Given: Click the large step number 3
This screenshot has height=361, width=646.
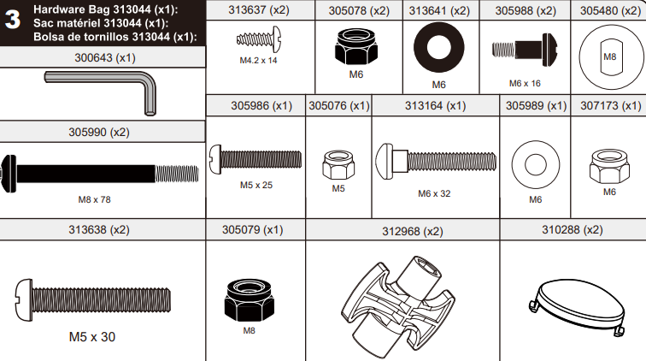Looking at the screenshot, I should pos(14,22).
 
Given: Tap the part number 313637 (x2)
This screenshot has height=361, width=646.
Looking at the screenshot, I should pos(259,11).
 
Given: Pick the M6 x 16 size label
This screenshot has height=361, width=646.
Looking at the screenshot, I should pos(525,83).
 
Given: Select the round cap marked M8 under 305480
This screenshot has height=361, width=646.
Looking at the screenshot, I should pos(609,56).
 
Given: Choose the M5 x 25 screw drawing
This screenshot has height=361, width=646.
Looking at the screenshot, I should pos(255,157).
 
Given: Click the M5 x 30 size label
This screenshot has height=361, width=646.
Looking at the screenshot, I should pos(91,337).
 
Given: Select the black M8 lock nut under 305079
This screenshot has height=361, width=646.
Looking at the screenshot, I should pos(249,298).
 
